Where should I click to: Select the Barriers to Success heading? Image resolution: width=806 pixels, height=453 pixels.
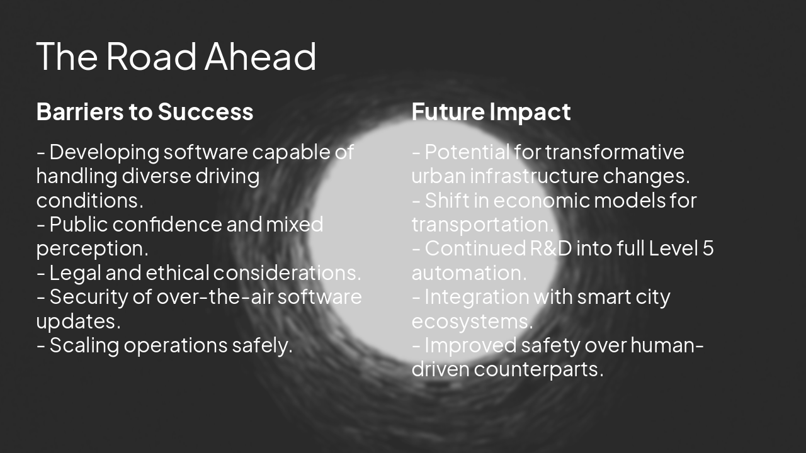145,111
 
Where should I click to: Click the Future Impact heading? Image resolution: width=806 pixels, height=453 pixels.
491,111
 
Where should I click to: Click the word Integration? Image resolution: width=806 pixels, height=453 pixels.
468,297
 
